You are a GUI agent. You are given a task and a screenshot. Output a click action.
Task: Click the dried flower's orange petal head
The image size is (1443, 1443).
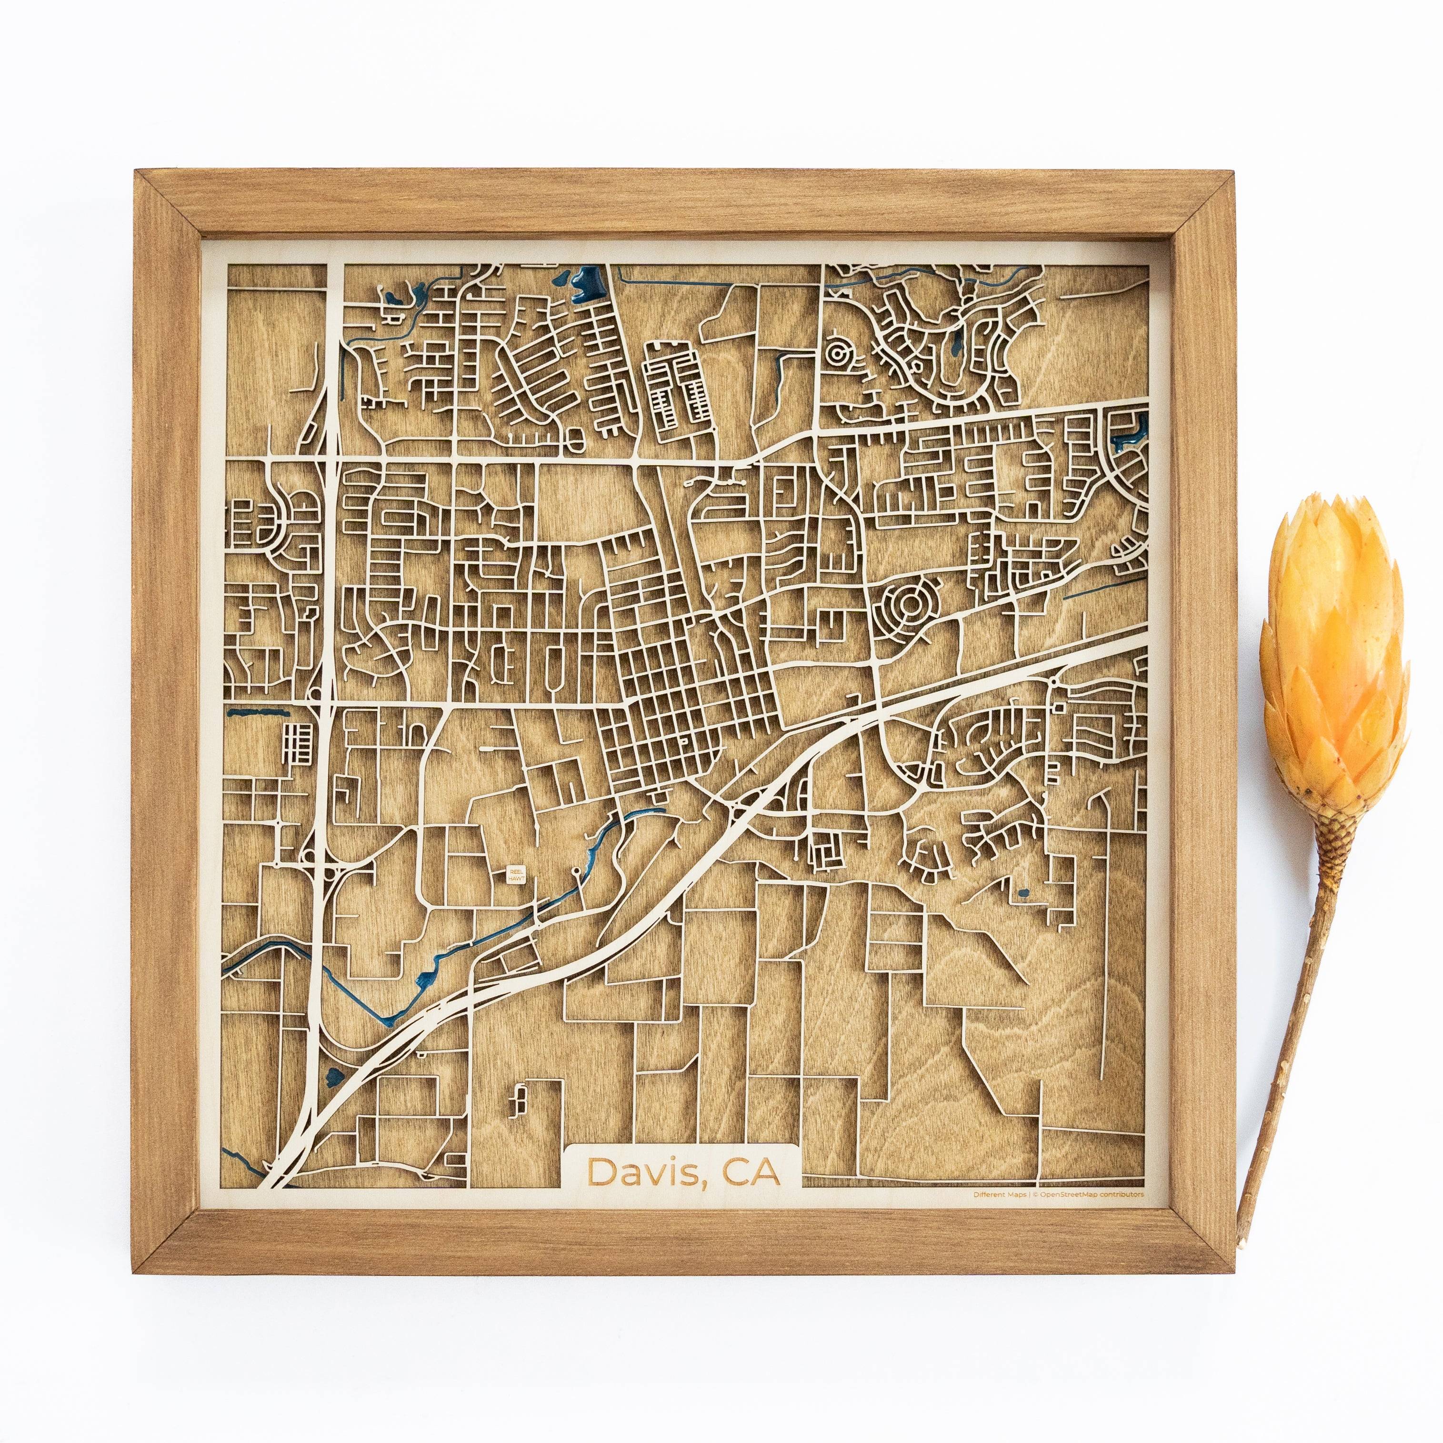tap(1333, 657)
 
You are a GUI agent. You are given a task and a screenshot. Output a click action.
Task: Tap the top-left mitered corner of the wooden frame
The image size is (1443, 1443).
tap(138, 173)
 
